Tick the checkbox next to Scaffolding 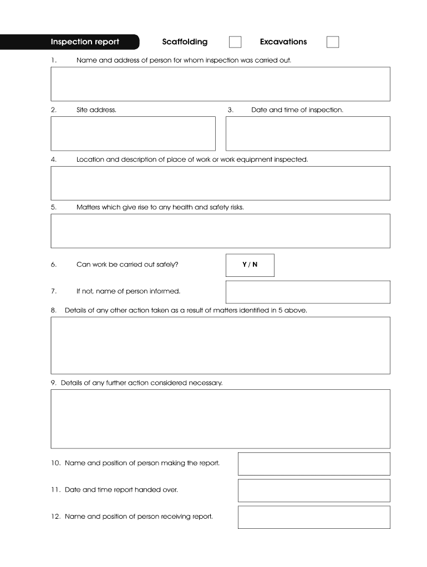[x=235, y=42]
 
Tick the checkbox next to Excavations [x=333, y=42]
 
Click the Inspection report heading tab [x=85, y=42]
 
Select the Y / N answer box [x=250, y=265]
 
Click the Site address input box [x=133, y=133]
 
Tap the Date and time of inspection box [x=308, y=133]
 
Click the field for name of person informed [x=308, y=292]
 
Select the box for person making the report [x=314, y=463]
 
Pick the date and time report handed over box [x=314, y=491]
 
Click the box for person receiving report [x=314, y=517]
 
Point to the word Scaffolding [x=185, y=42]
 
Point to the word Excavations [x=283, y=42]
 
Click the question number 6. [x=54, y=265]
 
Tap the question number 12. [x=55, y=517]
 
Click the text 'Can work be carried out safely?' [x=128, y=265]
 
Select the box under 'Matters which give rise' [x=220, y=231]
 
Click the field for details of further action [x=220, y=419]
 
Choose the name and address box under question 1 [x=220, y=84]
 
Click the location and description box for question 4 [x=220, y=183]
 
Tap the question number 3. [x=230, y=110]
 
